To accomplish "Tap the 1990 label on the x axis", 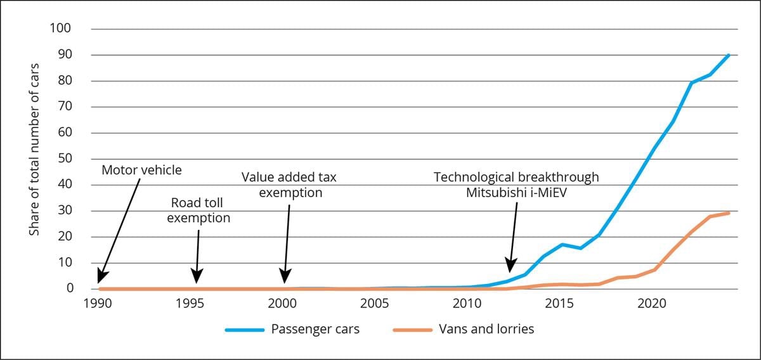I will tap(98, 304).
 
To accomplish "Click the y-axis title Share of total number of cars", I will tap(35, 149).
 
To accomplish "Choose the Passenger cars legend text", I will tap(315, 330).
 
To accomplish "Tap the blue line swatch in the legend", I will tap(244, 330).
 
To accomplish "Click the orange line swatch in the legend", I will tap(413, 330).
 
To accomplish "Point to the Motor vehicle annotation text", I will tap(141, 170).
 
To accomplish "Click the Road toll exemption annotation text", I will tap(200, 210).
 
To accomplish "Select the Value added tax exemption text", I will tap(289, 184).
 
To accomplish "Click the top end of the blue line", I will tap(729, 55).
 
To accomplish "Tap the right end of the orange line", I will tap(729, 213).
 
